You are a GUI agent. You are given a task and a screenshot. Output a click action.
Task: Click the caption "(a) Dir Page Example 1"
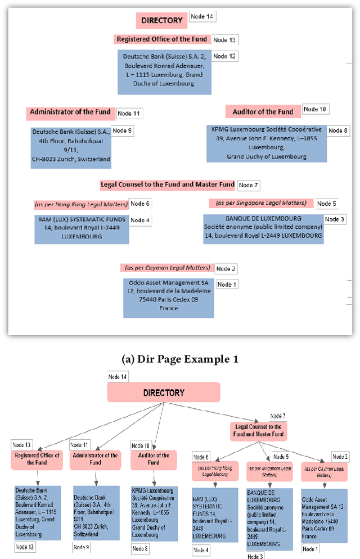click(x=180, y=359)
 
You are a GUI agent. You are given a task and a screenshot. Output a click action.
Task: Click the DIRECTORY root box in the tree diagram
click(x=163, y=393)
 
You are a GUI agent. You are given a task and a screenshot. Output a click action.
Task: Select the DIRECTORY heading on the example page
click(x=162, y=21)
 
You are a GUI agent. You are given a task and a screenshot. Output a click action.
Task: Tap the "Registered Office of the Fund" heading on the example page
click(x=161, y=39)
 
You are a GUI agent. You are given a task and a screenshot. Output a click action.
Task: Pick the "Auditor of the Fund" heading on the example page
click(x=263, y=111)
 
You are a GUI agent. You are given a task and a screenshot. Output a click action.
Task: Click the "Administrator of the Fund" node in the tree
click(x=94, y=459)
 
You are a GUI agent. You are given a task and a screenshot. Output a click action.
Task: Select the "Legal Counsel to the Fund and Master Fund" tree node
click(x=258, y=431)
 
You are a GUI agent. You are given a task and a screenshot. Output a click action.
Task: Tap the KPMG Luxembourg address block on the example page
click(x=267, y=143)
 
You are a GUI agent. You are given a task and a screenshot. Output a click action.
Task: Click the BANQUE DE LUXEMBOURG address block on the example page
click(x=263, y=227)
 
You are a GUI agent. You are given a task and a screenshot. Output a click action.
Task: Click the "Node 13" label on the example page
click(x=224, y=40)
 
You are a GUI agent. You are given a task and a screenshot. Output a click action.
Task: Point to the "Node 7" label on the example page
click(x=248, y=185)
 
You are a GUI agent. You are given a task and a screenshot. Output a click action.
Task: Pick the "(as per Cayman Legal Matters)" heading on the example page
click(x=167, y=268)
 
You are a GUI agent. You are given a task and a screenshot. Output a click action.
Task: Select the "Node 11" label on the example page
click(x=128, y=114)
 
